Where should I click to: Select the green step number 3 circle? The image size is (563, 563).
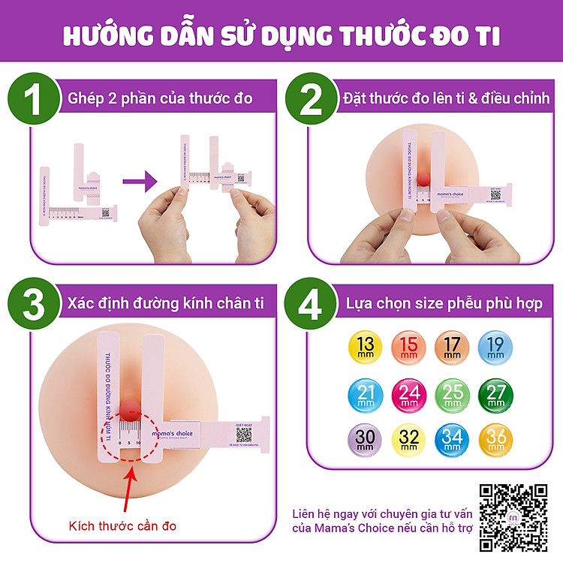coord(34,304)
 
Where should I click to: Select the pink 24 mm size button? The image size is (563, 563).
coord(408,392)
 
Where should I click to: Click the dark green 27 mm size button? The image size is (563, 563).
coord(495,392)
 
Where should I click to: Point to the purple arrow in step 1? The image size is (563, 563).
coord(139,181)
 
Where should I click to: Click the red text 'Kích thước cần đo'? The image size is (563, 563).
coord(122,525)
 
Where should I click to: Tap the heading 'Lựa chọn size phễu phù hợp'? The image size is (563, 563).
coord(444,304)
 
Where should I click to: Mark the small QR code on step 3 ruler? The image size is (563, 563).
coord(245,434)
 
